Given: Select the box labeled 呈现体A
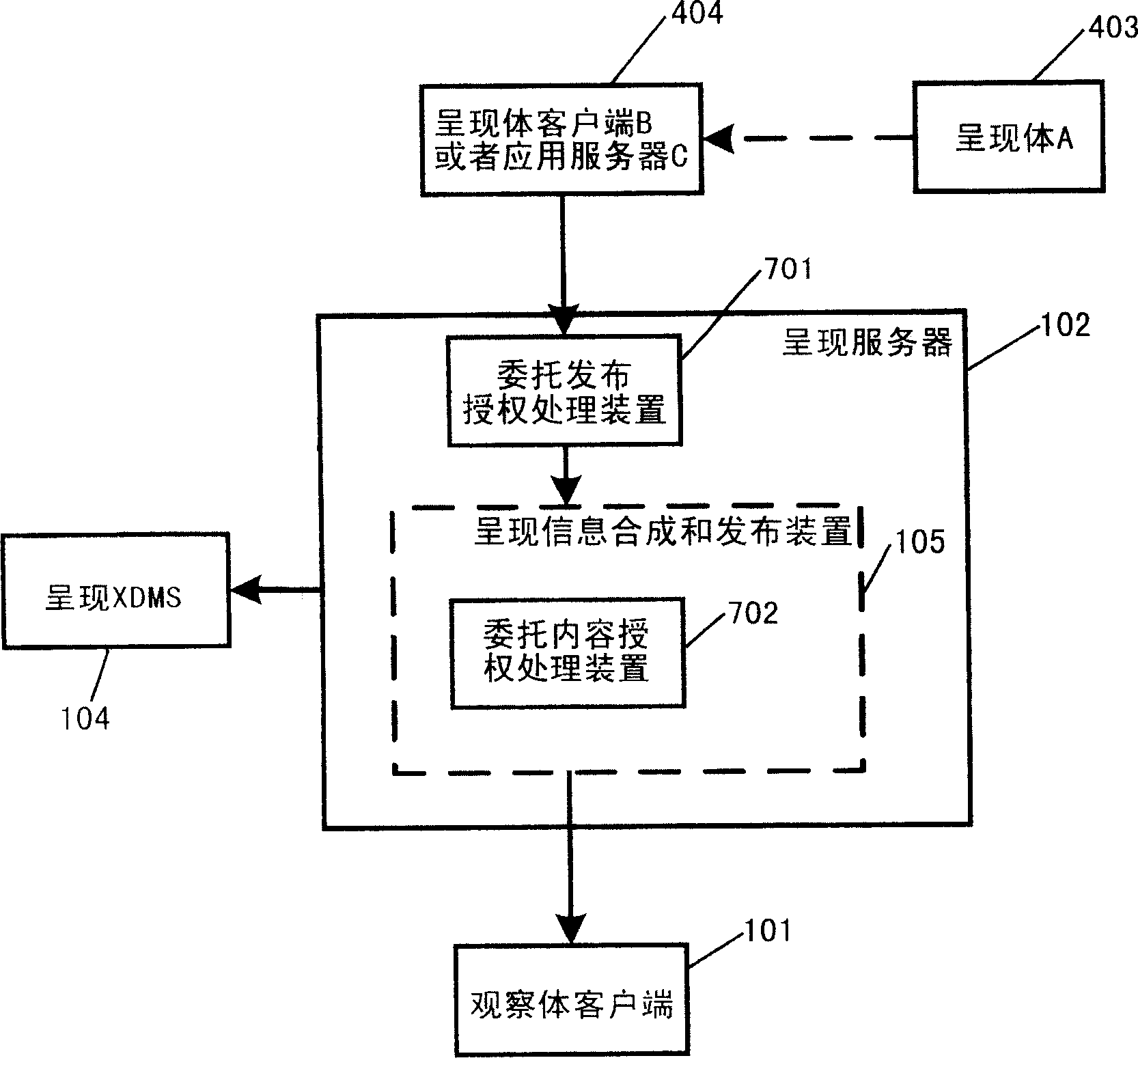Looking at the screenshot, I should pos(1008,138).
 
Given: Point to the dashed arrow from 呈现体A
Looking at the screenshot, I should pos(813,139).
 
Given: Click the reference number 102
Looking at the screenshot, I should pos(1064,326).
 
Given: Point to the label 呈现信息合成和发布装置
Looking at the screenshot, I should pos(663,531).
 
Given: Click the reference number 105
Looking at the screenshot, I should pos(919,541).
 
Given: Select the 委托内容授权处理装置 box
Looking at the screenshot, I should pos(567,653).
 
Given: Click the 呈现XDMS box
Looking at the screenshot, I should pos(115,591).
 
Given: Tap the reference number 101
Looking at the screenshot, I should pos(766,930).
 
